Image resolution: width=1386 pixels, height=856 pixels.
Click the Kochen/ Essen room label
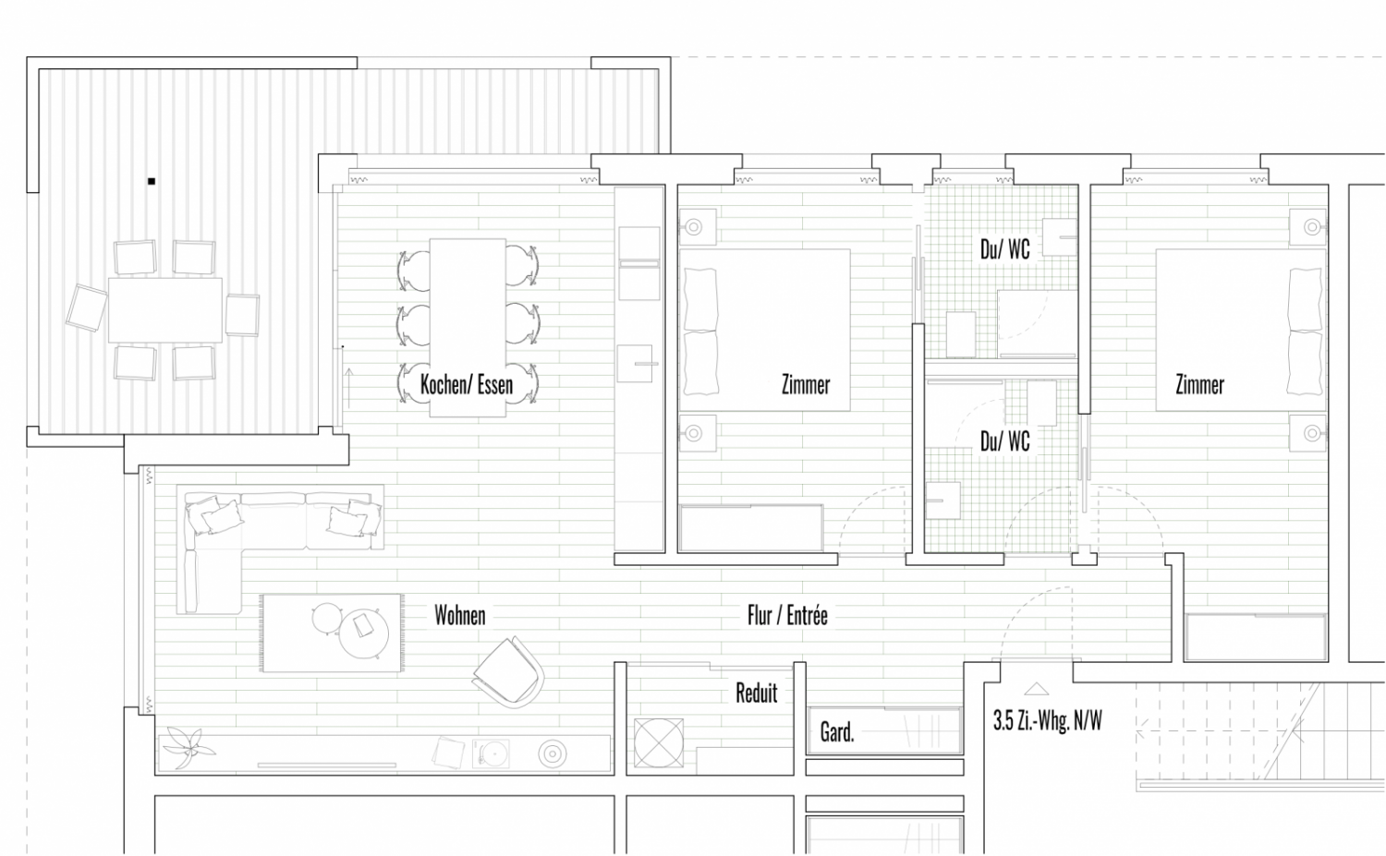point(467,385)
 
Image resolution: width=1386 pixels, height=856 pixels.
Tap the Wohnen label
point(460,615)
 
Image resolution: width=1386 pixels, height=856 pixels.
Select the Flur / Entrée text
point(787,615)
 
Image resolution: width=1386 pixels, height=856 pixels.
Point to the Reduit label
point(756,693)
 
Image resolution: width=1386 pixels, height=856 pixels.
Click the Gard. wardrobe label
point(837,732)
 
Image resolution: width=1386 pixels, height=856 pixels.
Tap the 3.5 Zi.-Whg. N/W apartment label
point(1048,720)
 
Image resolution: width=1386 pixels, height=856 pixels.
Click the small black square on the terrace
point(152,181)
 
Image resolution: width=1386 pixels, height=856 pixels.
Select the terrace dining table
point(165,310)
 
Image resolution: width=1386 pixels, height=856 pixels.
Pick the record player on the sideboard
point(491,754)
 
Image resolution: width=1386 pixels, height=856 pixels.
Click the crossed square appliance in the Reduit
point(659,742)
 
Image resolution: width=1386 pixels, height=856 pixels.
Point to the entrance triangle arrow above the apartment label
point(1037,689)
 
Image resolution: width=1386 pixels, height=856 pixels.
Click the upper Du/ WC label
point(1005,249)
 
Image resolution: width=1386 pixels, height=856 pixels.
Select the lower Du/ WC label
point(1005,441)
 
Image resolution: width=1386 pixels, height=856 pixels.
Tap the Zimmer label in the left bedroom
point(806,385)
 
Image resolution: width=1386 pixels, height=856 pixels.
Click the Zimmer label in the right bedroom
point(1199,385)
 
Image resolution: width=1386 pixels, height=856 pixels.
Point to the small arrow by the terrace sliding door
point(349,388)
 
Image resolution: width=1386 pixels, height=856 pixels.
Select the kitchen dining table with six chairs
point(468,328)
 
